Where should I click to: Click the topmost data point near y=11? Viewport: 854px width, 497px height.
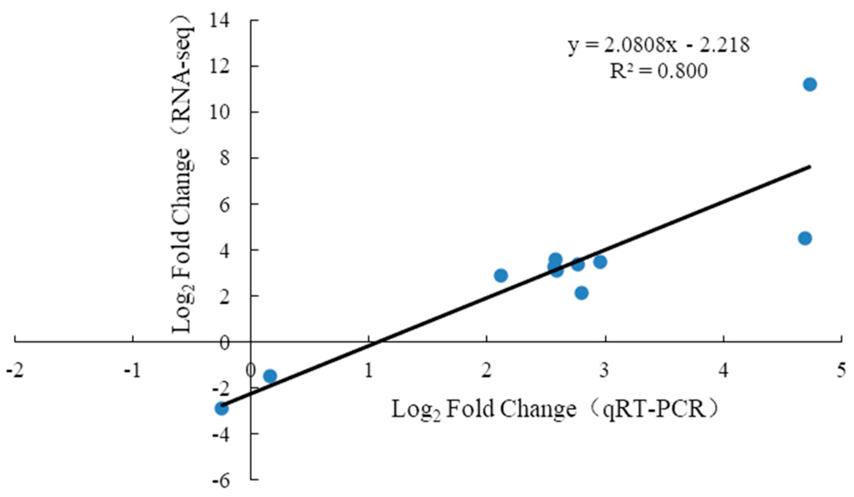pyautogui.click(x=810, y=84)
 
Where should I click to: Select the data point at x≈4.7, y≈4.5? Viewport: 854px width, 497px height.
pyautogui.click(x=805, y=238)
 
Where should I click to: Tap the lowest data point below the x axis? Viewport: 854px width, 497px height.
pyautogui.click(x=221, y=408)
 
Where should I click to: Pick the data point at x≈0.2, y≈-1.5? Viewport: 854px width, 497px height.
pyautogui.click(x=270, y=376)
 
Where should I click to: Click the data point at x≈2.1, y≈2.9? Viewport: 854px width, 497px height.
pyautogui.click(x=501, y=275)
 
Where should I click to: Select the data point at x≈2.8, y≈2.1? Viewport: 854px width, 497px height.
pyautogui.click(x=582, y=293)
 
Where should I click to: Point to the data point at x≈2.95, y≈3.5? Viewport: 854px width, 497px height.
pyautogui.click(x=600, y=262)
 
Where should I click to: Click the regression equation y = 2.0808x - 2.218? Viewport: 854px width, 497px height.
pyautogui.click(x=659, y=45)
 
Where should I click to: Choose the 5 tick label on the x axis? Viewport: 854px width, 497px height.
pyautogui.click(x=842, y=371)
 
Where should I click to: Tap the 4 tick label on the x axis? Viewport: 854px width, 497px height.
pyautogui.click(x=724, y=371)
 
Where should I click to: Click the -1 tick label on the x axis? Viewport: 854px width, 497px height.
pyautogui.click(x=133, y=371)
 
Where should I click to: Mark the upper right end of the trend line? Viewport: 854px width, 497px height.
pyautogui.click(x=810, y=166)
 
